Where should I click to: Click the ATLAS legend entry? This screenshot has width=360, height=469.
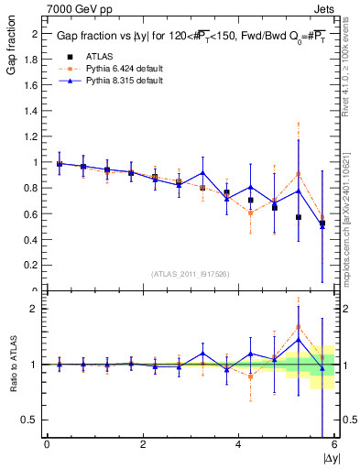click(x=100, y=56)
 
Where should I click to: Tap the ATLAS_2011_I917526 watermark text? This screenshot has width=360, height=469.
click(x=191, y=274)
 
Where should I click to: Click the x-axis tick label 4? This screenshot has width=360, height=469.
click(x=238, y=444)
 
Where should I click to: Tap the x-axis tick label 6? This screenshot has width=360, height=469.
click(x=334, y=444)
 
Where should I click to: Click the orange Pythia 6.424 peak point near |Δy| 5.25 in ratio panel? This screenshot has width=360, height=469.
click(x=298, y=326)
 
